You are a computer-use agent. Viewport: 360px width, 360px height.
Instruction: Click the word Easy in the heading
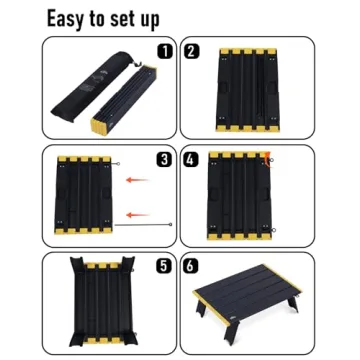65,19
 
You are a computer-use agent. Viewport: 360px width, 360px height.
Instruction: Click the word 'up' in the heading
150,21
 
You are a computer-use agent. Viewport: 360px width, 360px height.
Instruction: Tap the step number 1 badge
164,51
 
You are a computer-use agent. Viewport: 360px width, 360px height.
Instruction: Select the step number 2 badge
191,51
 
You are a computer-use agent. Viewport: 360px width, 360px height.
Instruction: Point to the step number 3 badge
164,159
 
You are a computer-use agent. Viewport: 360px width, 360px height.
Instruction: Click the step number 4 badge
191,159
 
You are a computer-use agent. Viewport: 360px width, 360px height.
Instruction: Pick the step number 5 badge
164,266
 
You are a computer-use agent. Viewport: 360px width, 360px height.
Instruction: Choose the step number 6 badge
191,266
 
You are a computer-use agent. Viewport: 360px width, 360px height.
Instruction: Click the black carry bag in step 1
92,86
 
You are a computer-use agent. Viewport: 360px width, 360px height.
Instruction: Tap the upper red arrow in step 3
137,180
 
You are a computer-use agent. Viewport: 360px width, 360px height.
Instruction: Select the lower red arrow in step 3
138,215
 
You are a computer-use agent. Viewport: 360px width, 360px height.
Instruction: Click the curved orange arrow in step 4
266,158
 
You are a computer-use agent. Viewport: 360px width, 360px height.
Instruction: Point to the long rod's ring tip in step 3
170,224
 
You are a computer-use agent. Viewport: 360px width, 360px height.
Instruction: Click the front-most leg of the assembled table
231,332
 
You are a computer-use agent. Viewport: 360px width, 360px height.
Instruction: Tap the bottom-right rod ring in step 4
274,229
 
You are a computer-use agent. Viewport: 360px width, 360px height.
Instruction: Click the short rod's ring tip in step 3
118,164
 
